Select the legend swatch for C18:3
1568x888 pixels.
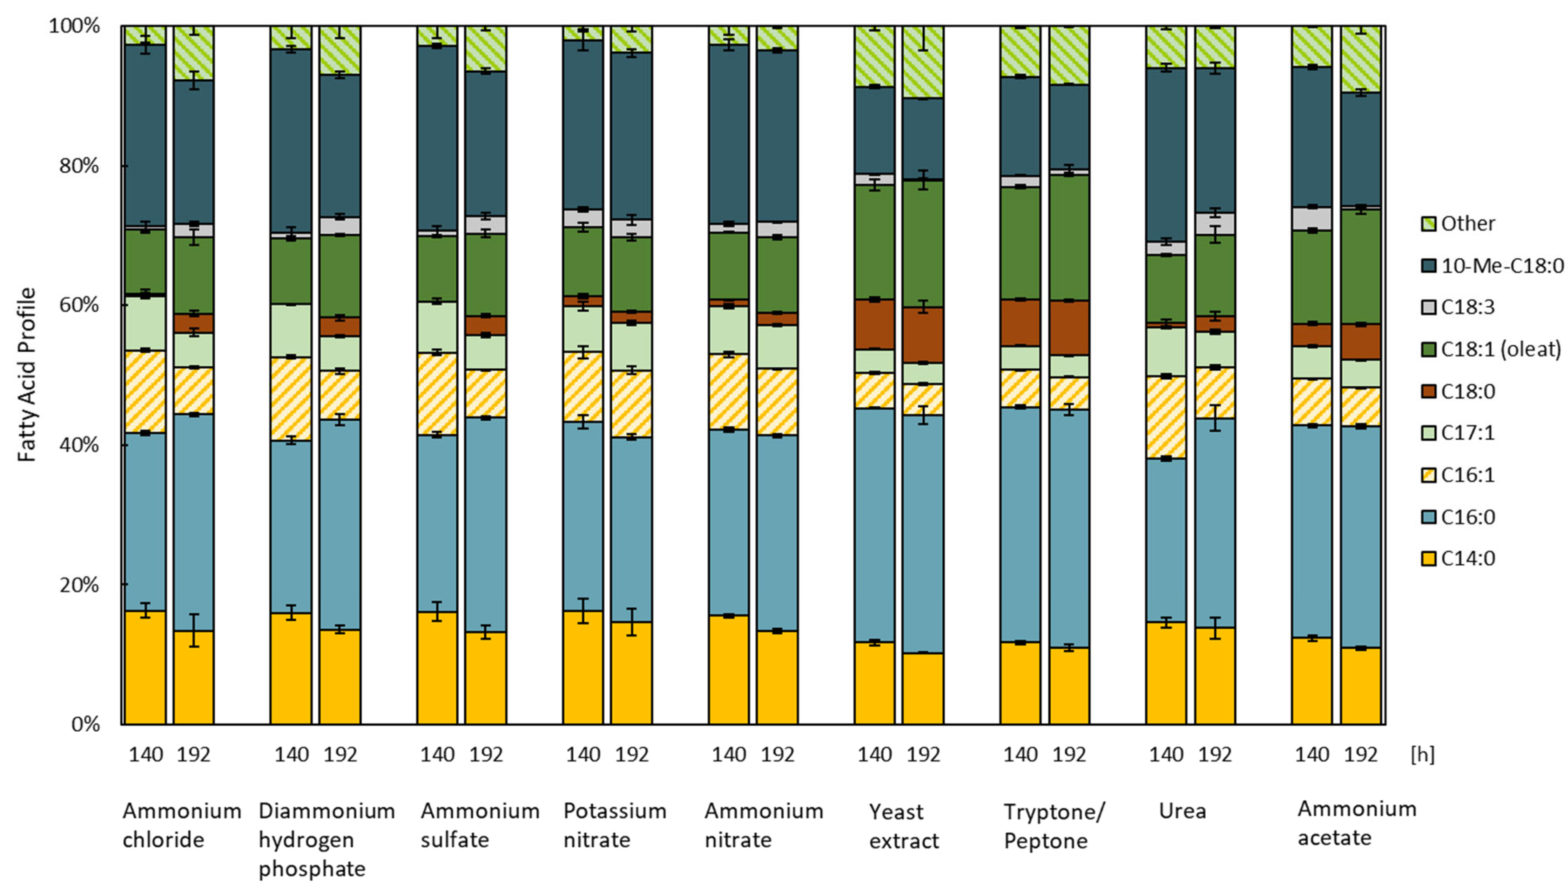click(x=1428, y=308)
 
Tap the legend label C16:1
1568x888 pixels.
click(x=1467, y=475)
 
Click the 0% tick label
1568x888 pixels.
click(x=85, y=724)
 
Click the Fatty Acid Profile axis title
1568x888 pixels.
click(x=27, y=375)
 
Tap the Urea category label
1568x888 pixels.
click(x=1182, y=811)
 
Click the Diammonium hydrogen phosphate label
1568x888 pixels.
click(x=326, y=839)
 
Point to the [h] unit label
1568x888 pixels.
click(x=1422, y=755)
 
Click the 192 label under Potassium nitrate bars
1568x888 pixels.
click(x=631, y=755)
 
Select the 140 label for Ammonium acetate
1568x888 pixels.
click(x=1312, y=755)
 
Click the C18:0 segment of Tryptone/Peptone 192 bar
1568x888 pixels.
click(x=1068, y=327)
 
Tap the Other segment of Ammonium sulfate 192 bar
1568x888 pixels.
click(x=486, y=49)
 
